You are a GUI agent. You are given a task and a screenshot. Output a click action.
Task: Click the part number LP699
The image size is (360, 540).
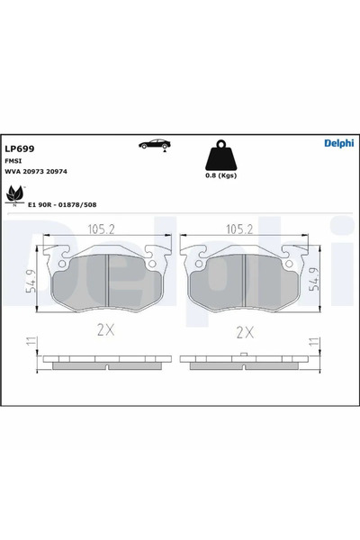click(x=19, y=149)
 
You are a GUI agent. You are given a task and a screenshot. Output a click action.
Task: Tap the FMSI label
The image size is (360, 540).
click(x=13, y=162)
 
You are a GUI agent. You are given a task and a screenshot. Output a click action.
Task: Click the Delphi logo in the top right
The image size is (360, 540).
click(x=338, y=143)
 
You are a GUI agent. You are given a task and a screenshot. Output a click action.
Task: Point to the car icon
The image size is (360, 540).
click(x=154, y=146)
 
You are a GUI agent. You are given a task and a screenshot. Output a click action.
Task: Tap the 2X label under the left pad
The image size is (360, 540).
click(x=106, y=330)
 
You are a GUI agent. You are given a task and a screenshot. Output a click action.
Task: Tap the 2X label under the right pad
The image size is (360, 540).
click(x=243, y=330)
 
